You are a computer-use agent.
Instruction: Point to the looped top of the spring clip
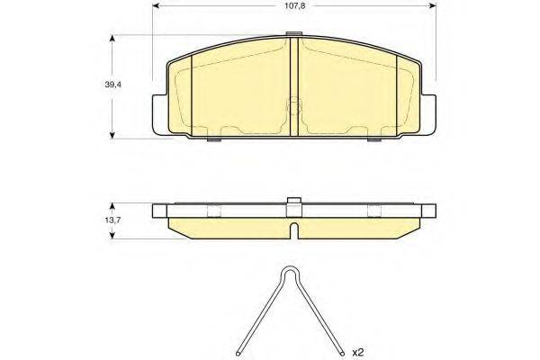(291, 274)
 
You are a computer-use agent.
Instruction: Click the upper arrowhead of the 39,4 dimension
(112, 39)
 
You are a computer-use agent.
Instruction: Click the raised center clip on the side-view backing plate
(292, 203)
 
